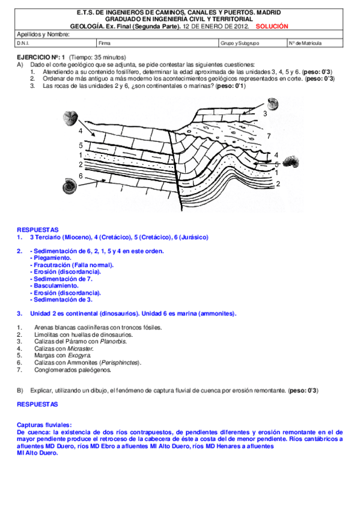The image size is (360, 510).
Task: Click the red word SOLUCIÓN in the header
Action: pos(272,26)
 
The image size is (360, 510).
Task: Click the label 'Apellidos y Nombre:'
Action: pos(40,34)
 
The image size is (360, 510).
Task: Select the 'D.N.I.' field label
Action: pos(23,43)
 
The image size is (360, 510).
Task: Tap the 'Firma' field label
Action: pos(105,43)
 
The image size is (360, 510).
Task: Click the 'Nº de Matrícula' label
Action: pos(305,43)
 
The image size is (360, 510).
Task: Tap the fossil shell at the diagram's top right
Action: pos(273,103)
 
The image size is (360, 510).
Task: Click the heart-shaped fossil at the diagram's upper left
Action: pos(72,117)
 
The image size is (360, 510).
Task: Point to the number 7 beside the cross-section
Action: pos(269,136)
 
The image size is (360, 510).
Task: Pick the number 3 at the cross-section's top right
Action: pos(264,114)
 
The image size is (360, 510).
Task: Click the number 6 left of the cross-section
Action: pos(80,175)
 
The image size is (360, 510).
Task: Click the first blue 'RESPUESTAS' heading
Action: pos(37,230)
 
